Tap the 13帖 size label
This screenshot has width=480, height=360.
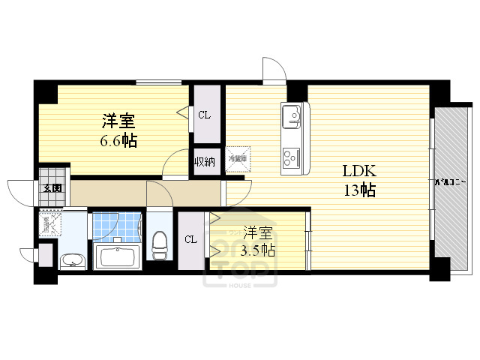359,190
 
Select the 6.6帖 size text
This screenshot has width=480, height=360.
119,140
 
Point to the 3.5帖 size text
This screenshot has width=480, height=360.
257,250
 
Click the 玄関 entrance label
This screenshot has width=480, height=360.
52,189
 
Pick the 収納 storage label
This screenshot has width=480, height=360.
205,161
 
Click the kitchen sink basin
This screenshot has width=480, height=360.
292,118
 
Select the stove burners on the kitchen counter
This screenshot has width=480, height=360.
291,157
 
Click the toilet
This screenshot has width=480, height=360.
160,244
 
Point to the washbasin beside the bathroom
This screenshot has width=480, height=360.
73,261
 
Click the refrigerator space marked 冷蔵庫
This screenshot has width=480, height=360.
238,159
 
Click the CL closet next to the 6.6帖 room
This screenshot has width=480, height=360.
204,115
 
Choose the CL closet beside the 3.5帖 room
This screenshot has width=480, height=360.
190,239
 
